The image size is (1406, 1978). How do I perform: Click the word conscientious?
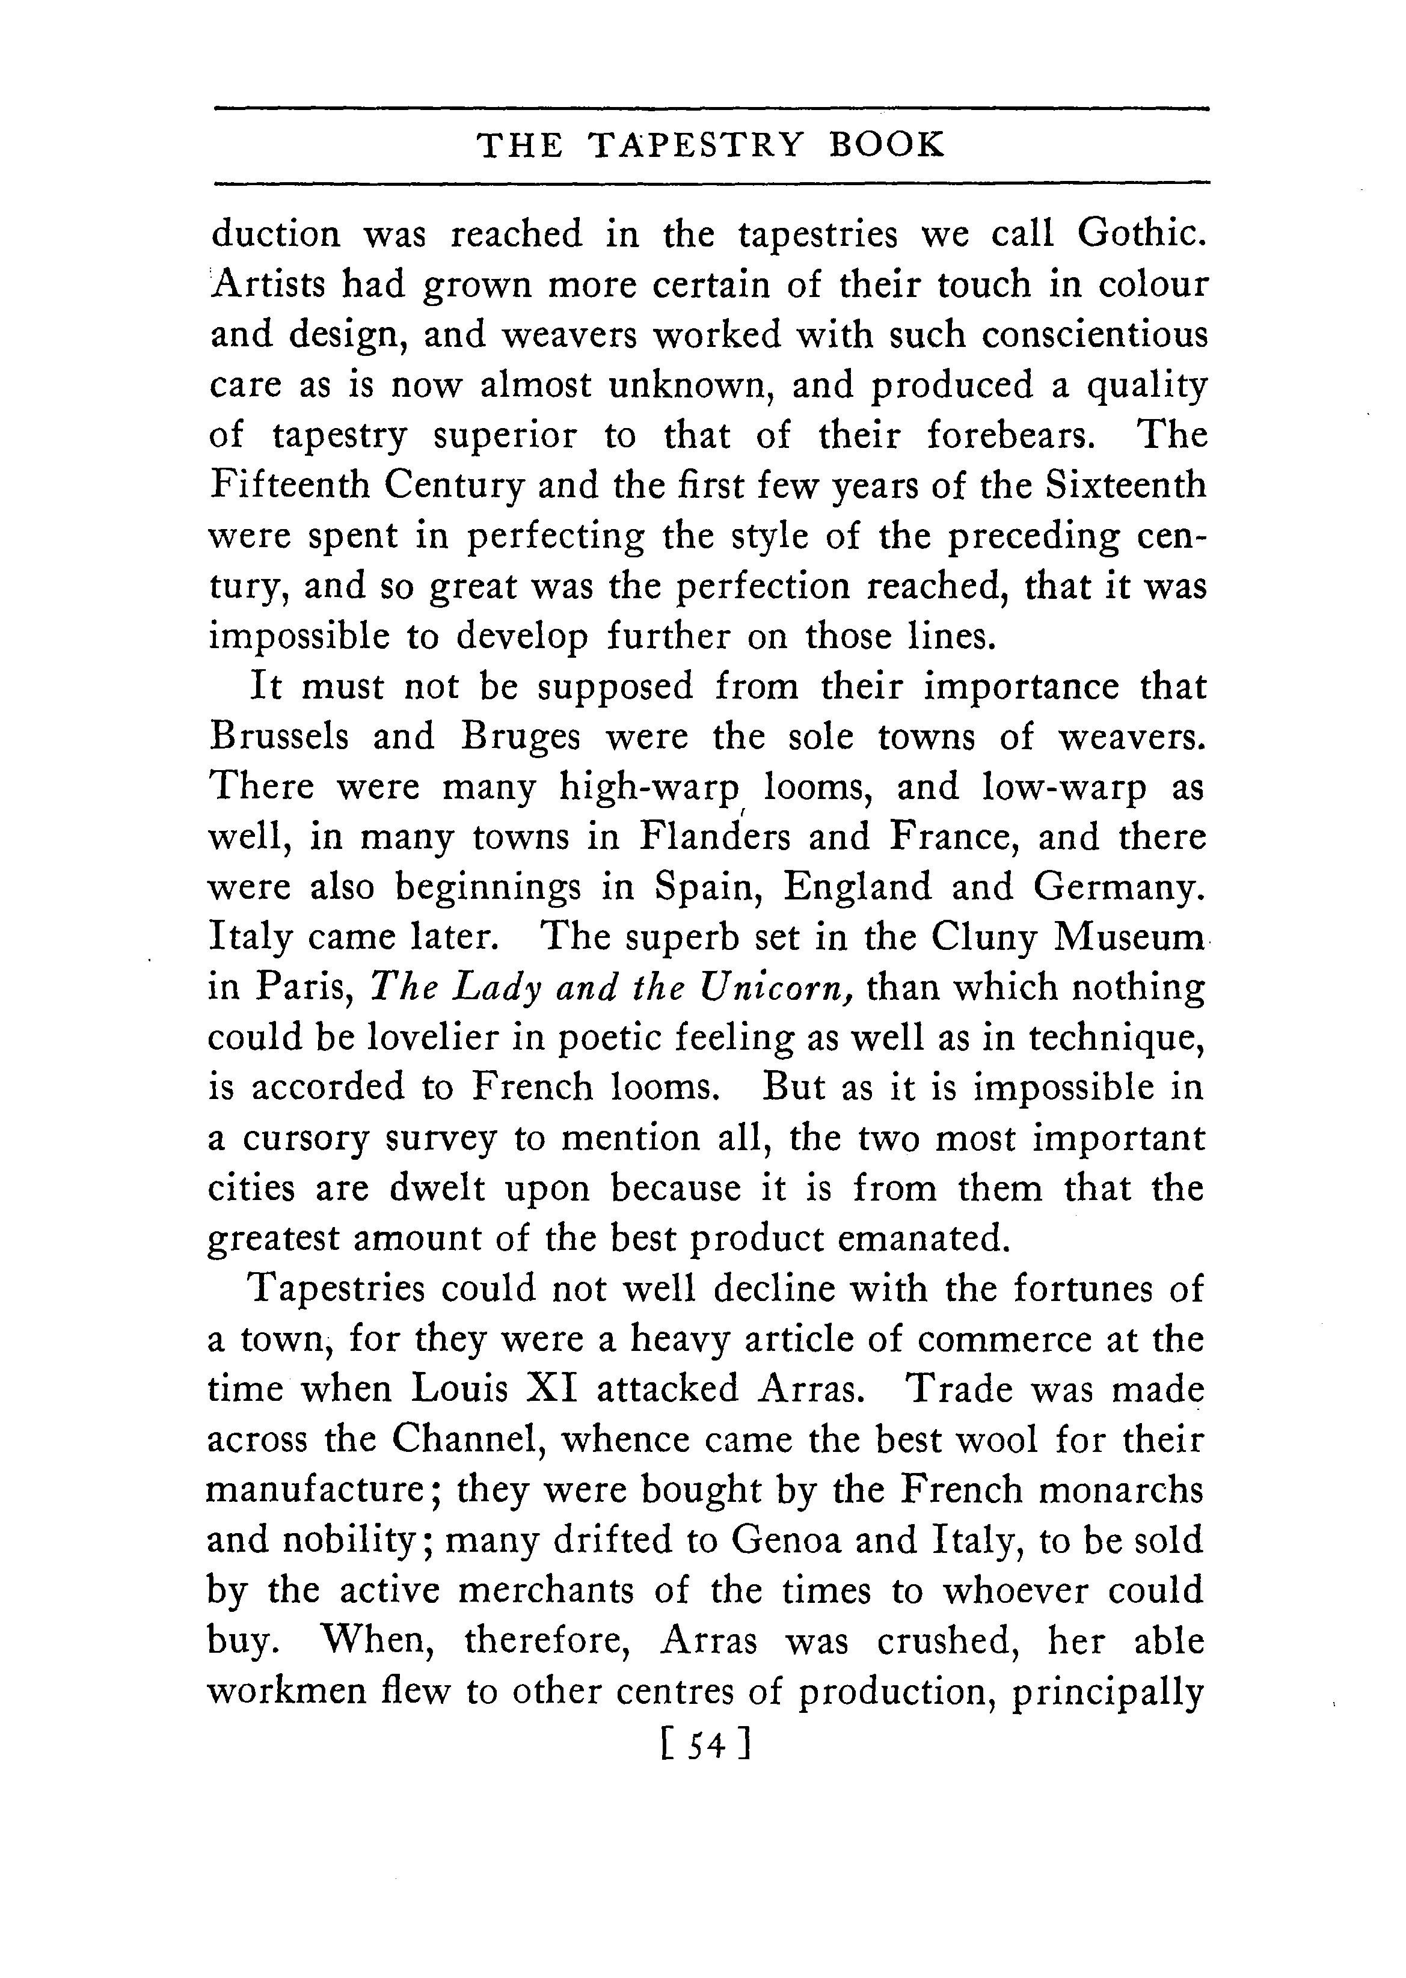1094,335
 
